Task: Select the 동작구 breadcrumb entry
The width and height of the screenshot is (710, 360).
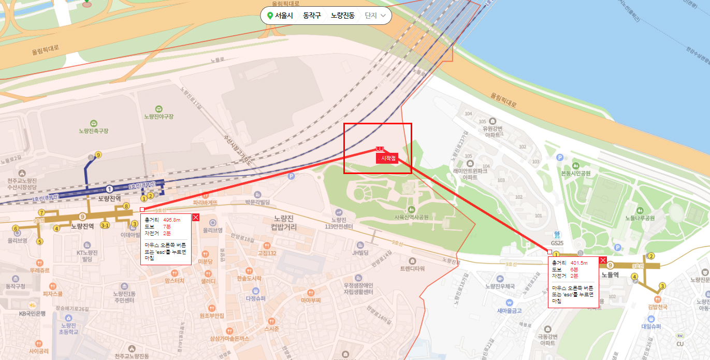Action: tap(312, 16)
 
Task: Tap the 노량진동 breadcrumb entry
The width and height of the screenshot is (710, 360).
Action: tap(342, 16)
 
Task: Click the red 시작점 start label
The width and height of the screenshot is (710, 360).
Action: tap(388, 158)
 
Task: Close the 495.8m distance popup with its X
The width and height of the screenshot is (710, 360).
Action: tap(196, 218)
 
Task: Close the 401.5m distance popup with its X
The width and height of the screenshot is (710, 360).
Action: tap(603, 261)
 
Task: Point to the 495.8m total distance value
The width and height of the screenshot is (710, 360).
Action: tap(171, 220)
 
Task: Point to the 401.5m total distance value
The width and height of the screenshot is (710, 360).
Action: tap(579, 263)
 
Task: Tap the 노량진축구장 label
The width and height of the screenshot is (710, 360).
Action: tap(93, 131)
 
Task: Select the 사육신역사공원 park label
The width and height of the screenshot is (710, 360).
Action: tap(411, 217)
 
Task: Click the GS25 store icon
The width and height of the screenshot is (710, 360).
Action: tap(557, 235)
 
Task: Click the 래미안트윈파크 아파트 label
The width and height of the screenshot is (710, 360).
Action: tap(470, 174)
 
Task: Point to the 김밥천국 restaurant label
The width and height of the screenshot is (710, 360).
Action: tap(657, 307)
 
